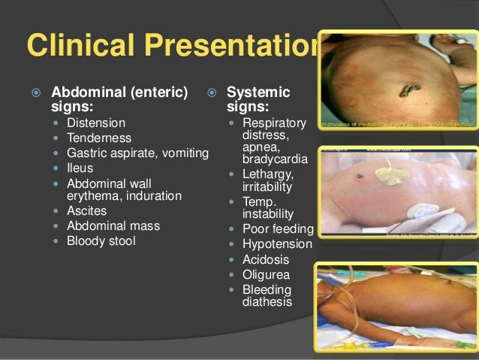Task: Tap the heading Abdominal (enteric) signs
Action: click(x=119, y=99)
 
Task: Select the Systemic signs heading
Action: click(x=258, y=99)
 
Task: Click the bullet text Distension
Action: click(x=96, y=123)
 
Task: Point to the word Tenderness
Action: click(x=99, y=138)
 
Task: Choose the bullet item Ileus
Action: click(x=80, y=168)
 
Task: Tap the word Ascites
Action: click(x=86, y=211)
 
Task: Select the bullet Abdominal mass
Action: click(x=113, y=225)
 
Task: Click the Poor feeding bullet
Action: click(x=278, y=228)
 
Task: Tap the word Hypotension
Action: click(x=277, y=244)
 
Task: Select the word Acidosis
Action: click(x=266, y=259)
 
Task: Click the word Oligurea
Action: click(x=266, y=274)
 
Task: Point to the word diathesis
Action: click(x=267, y=302)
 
